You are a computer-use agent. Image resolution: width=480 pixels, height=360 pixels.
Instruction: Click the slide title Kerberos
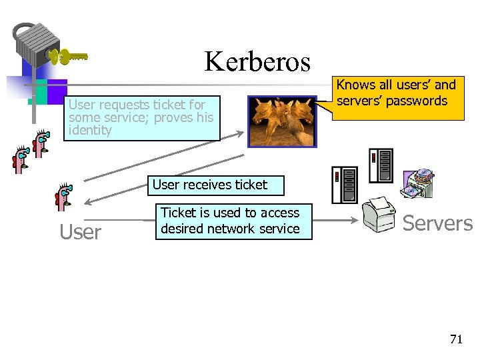pos(257,62)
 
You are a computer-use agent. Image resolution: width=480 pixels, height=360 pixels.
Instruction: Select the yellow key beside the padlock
pos(70,57)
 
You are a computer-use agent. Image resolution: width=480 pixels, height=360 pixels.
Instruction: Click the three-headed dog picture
pos(282,121)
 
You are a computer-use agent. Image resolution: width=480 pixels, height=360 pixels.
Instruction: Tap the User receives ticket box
pos(210,185)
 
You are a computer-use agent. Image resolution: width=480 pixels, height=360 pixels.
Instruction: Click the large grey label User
pos(81,232)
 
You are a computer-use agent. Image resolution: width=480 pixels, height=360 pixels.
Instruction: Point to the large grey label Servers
pos(437,223)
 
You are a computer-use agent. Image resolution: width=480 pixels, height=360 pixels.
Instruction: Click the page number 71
pos(455,339)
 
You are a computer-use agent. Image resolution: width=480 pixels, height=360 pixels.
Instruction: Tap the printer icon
pos(379,214)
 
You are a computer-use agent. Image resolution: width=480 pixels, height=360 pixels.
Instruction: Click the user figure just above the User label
pos(65,198)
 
